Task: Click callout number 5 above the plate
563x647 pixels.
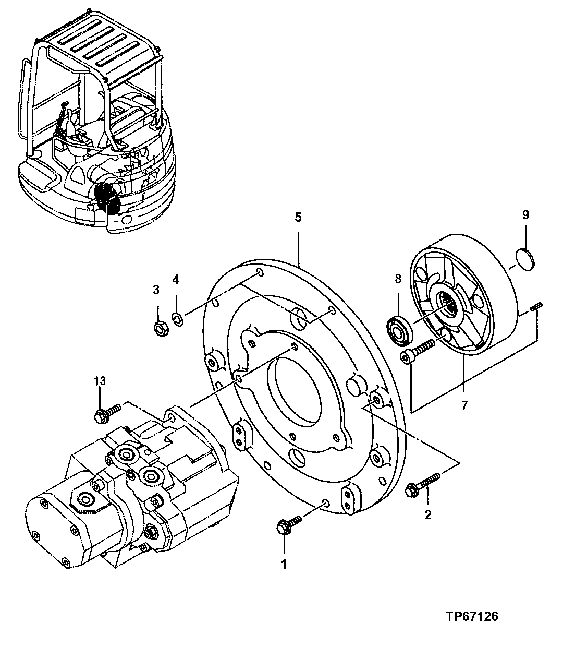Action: coord(298,218)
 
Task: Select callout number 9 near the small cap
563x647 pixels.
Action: coord(525,214)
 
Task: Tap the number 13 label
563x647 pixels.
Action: coord(100,381)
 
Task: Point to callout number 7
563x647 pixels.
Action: coord(463,404)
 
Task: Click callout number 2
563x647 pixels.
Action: coord(428,516)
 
